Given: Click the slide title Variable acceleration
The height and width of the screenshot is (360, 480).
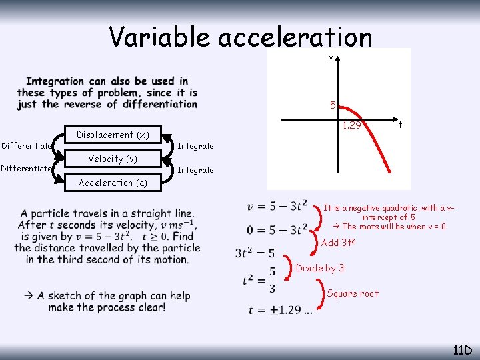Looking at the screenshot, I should click(241, 37).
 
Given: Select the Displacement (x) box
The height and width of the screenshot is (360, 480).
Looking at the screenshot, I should click(113, 135).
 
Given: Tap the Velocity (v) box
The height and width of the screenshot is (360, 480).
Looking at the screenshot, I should click(113, 159).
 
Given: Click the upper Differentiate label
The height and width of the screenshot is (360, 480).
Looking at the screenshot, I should click(27, 146).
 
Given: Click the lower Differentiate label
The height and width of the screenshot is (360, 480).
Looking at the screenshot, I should click(27, 169).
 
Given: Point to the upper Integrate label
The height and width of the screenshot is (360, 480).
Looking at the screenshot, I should click(195, 146).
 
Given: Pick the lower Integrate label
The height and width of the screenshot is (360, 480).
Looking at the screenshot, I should click(195, 170).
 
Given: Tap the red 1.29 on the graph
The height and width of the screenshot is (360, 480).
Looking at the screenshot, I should click(351, 125).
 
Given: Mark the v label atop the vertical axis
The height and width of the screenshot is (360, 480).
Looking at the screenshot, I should click(331, 58).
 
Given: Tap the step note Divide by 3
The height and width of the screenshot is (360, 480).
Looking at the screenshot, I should click(320, 268).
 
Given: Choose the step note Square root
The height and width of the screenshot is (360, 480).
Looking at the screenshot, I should click(353, 293).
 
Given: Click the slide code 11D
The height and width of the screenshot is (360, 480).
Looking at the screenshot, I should click(462, 350).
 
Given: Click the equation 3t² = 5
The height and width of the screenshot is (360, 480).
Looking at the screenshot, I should click(255, 253).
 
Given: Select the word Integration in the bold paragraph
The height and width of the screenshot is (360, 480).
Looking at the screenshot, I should click(55, 81).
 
